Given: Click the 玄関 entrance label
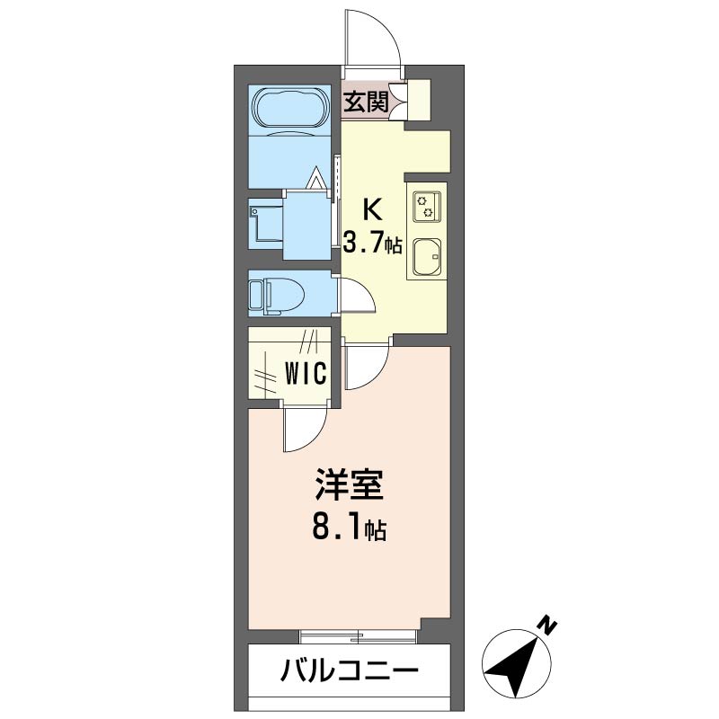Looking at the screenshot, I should click(x=366, y=102).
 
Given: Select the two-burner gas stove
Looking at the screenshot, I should click(x=425, y=208).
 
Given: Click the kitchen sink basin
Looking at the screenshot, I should click(x=426, y=258).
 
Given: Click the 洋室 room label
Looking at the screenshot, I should click(x=349, y=487).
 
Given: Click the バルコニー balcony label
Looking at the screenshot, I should click(x=348, y=670).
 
